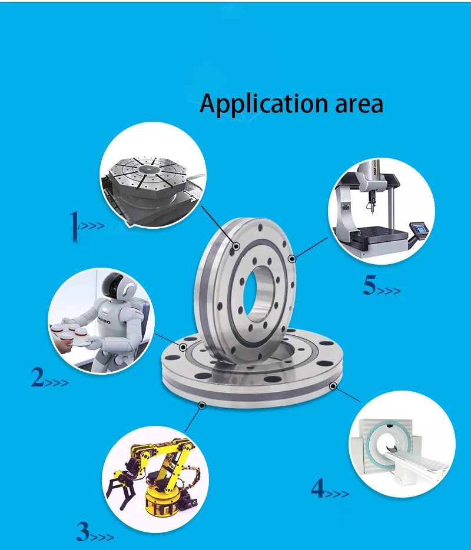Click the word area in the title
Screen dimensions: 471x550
coord(359,105)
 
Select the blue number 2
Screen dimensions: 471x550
coord(37,377)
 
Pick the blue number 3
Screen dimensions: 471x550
coord(83,532)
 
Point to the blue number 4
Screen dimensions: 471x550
coord(317,488)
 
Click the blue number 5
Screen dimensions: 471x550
coord(370,285)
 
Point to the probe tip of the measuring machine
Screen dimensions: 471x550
coord(372,212)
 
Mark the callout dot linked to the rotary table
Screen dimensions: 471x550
coord(237,246)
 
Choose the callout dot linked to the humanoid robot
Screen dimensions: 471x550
coord(183,347)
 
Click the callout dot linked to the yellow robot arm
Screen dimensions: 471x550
coord(202,406)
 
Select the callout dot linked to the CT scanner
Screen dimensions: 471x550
coord(333,386)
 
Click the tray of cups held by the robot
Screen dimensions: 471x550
coord(70,333)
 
